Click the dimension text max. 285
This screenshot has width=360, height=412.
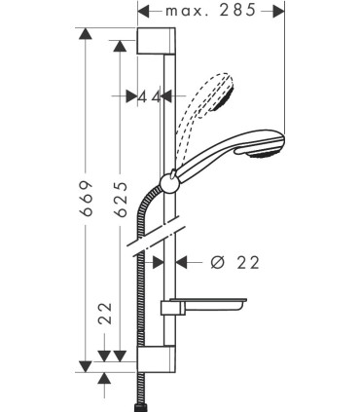224,11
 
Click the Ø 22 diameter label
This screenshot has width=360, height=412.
234,262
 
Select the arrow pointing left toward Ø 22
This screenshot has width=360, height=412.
184,262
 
